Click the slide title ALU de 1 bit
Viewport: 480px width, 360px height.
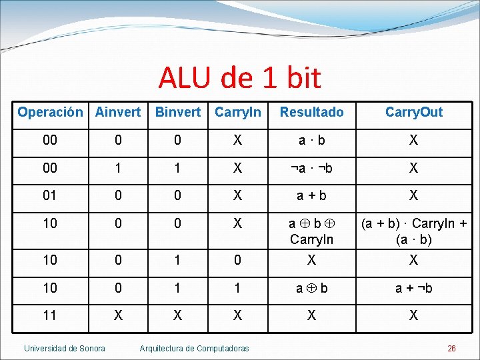coord(239,79)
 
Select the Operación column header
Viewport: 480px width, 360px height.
coord(50,112)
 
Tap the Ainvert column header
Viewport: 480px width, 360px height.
coord(118,112)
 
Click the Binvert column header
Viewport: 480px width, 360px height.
coord(177,112)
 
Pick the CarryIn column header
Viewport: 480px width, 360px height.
coord(238,112)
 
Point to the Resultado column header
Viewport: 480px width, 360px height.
coord(311,112)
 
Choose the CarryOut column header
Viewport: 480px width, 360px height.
coord(413,112)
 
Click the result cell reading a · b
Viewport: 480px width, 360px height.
coord(311,140)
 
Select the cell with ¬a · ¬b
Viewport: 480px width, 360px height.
coord(311,168)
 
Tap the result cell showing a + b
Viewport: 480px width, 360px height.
coord(311,195)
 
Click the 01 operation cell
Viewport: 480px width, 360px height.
coord(50,195)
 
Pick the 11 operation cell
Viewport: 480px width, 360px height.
coord(50,315)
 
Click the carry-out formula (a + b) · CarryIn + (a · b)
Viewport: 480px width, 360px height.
coord(413,231)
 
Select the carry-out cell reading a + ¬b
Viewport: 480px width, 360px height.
coord(413,288)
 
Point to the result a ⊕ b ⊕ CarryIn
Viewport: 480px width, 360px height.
coord(311,231)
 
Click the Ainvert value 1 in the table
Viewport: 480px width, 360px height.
coord(118,168)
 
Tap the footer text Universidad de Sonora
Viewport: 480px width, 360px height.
coord(65,348)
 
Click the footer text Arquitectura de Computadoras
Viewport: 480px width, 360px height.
coord(194,348)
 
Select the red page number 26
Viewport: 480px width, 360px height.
coord(451,348)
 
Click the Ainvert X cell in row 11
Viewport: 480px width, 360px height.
coord(118,315)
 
